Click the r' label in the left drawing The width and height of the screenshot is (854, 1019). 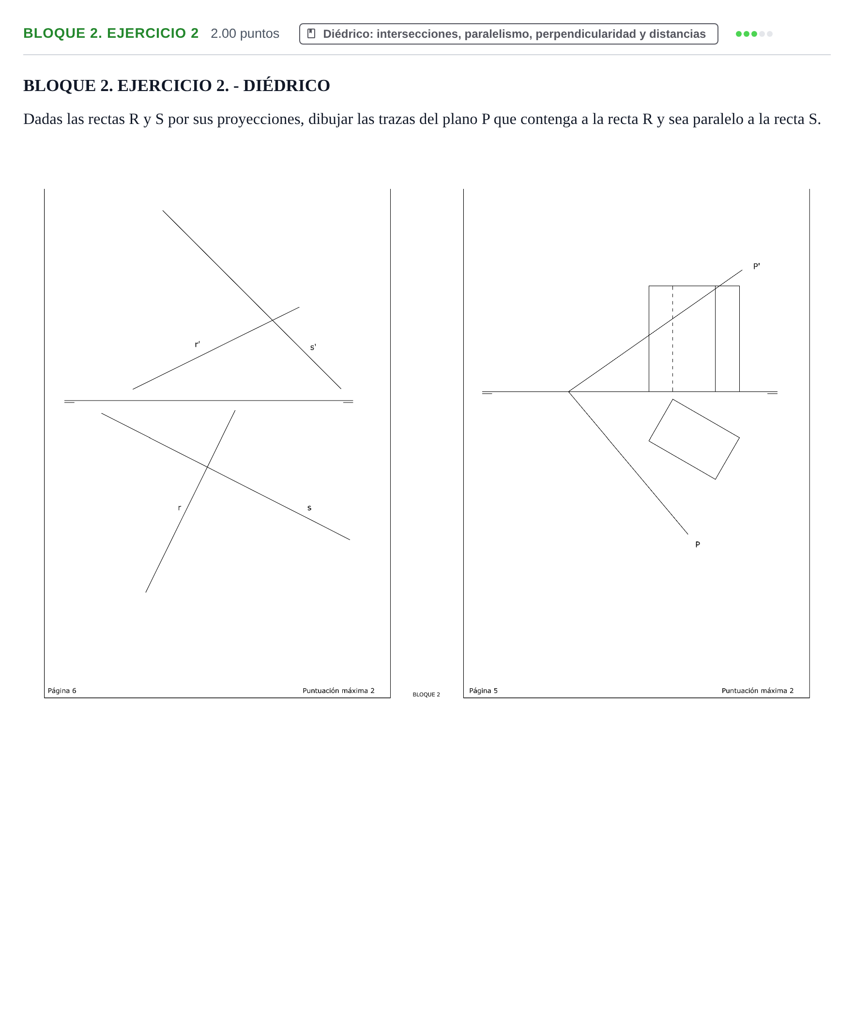click(197, 344)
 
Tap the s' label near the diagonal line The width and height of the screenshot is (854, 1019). click(313, 347)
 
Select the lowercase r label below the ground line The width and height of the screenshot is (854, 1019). click(180, 508)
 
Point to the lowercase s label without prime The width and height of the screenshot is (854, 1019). click(309, 508)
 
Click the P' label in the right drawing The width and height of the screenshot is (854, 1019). click(756, 266)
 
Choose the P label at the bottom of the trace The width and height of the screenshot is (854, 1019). click(697, 544)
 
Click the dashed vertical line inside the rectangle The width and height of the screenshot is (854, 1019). click(672, 339)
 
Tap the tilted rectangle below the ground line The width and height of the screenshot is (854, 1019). click(648, 441)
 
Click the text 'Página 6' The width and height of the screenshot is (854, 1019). click(61, 691)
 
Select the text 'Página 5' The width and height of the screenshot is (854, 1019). click(483, 691)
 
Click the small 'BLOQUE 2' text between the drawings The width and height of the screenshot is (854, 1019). click(426, 695)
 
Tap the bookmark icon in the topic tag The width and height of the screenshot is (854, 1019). click(311, 33)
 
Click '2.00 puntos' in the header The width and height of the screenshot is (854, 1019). click(245, 33)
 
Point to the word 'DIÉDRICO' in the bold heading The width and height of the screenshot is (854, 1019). click(286, 85)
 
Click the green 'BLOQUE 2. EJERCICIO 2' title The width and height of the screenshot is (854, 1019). click(111, 33)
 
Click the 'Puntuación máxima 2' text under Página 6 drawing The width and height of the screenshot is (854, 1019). click(338, 691)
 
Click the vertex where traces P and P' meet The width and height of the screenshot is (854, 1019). click(568, 392)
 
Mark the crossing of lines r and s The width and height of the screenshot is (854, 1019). click(208, 467)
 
